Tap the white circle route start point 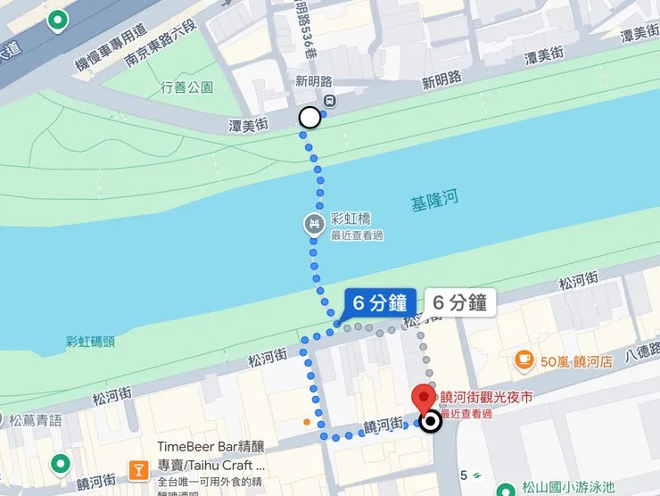pos(309,117)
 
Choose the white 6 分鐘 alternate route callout pos(458,302)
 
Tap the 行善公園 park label pos(187,87)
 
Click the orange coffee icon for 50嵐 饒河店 pos(524,360)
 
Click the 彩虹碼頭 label pos(90,342)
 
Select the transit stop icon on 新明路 pos(330,101)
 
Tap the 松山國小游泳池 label pos(568,487)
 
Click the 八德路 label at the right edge pos(642,352)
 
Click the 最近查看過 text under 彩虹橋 pos(357,236)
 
